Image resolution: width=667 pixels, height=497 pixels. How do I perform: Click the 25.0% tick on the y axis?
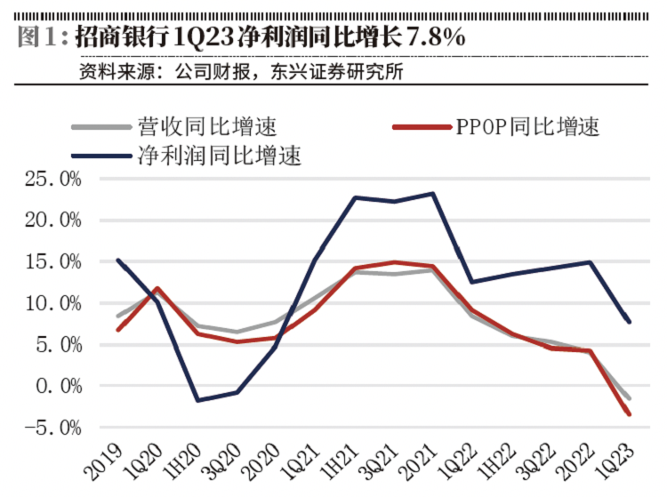click(52, 180)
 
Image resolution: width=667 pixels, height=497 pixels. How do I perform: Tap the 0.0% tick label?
click(57, 387)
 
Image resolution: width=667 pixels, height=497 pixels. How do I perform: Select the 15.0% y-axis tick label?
click(52, 262)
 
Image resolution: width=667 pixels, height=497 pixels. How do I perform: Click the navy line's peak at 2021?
click(433, 193)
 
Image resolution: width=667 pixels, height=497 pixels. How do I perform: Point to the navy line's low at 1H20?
click(197, 400)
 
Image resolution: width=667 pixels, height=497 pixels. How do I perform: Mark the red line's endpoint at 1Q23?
click(630, 414)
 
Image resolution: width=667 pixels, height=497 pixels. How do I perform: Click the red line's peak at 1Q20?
click(157, 288)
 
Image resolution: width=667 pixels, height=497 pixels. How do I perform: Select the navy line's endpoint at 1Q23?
click(630, 321)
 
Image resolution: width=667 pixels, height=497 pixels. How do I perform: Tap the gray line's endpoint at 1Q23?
click(630, 397)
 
